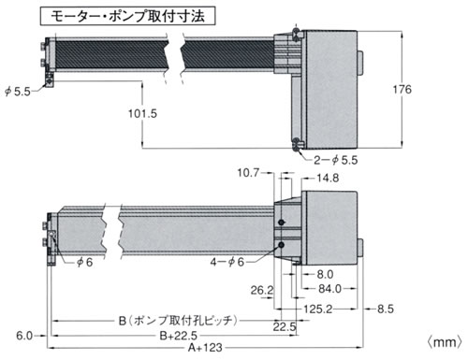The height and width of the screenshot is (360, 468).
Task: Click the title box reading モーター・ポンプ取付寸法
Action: (x=127, y=16)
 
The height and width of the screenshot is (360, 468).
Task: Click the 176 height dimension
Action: (x=402, y=90)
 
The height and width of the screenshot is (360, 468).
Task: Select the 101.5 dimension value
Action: (x=142, y=113)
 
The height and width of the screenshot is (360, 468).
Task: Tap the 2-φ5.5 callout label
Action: (x=336, y=160)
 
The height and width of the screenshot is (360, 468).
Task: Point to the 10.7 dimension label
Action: (x=248, y=172)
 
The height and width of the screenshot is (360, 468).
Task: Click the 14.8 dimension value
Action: (x=328, y=178)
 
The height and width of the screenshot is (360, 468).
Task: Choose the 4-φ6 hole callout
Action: (x=227, y=262)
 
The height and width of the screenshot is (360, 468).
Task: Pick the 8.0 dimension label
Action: (x=325, y=274)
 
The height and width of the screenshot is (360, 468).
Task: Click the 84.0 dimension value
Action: (x=329, y=289)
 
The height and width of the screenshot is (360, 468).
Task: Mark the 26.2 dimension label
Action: (x=262, y=290)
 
